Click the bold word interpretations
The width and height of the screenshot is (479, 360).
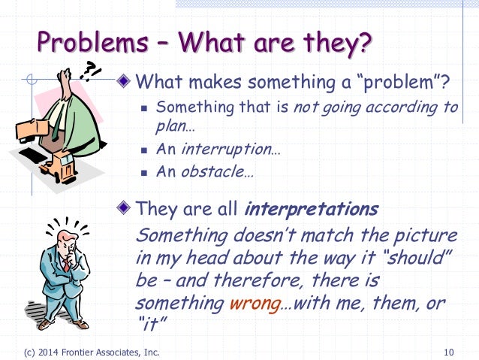click(312, 209)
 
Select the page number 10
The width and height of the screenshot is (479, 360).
click(449, 352)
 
